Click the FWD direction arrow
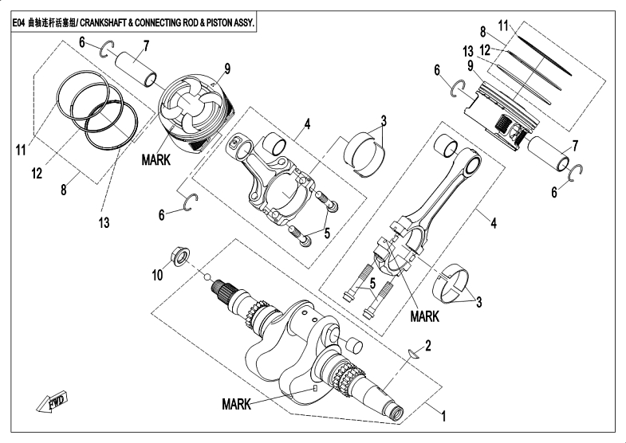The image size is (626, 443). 53,402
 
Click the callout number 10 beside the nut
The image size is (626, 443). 157,275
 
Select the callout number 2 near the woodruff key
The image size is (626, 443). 428,345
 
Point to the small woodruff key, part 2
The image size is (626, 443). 414,353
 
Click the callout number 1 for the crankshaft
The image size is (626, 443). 443,416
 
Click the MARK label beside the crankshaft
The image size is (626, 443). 236,404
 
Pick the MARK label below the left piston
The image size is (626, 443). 156,160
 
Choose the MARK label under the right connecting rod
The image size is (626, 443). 425,316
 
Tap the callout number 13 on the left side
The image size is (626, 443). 104,222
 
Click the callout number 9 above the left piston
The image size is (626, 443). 227,69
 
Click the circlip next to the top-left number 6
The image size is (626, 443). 107,49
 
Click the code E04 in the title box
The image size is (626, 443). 18,23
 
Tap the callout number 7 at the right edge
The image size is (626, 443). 575,146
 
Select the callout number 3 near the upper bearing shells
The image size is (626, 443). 384,120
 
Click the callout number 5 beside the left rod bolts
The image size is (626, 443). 327,233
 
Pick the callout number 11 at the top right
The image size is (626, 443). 503,26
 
